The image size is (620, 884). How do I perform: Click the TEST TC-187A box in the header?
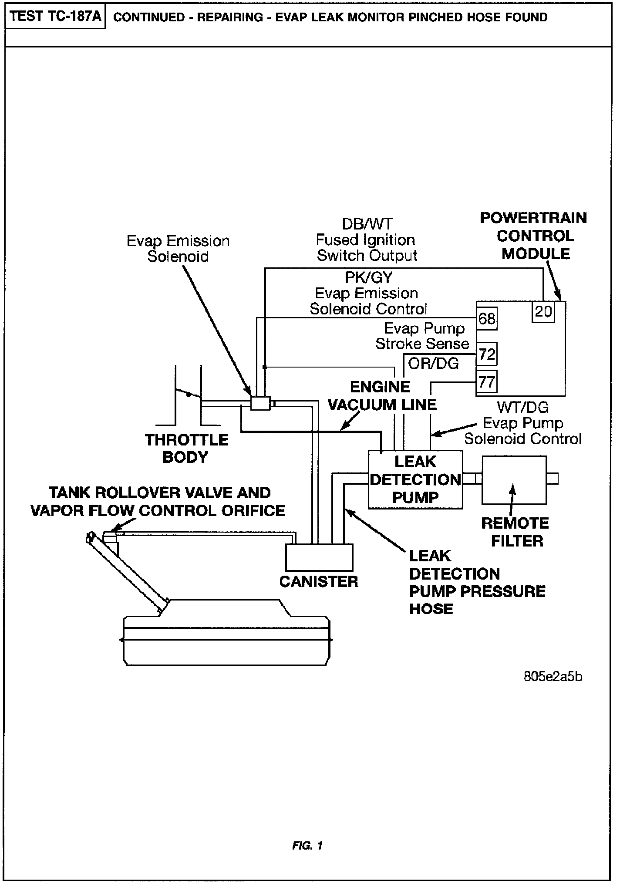pyautogui.click(x=56, y=17)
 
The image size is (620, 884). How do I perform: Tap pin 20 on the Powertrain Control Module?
pyautogui.click(x=543, y=311)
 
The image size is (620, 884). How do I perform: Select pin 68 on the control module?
pyautogui.click(x=486, y=319)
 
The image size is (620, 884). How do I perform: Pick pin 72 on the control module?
pyautogui.click(x=486, y=354)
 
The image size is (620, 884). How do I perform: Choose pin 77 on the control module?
pyautogui.click(x=486, y=382)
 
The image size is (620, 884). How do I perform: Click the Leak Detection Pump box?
pyautogui.click(x=415, y=479)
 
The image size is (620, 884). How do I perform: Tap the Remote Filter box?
pyautogui.click(x=514, y=479)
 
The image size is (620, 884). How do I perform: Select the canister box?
pyautogui.click(x=319, y=557)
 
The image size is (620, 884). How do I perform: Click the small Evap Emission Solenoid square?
pyautogui.click(x=260, y=403)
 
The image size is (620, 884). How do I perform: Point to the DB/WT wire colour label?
pyautogui.click(x=367, y=224)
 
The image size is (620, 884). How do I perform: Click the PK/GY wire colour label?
pyautogui.click(x=368, y=277)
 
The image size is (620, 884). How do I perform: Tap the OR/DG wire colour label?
pyautogui.click(x=434, y=363)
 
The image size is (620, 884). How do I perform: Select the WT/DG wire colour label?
pyautogui.click(x=522, y=407)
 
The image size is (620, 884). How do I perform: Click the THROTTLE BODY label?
pyautogui.click(x=186, y=448)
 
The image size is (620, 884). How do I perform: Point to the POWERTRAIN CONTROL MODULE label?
pyautogui.click(x=533, y=236)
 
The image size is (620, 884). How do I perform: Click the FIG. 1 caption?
pyautogui.click(x=307, y=846)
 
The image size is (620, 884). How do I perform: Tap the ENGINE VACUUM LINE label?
pyautogui.click(x=381, y=396)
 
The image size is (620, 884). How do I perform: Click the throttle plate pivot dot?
pyautogui.click(x=189, y=395)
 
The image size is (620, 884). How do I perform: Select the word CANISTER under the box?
pyautogui.click(x=319, y=581)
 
